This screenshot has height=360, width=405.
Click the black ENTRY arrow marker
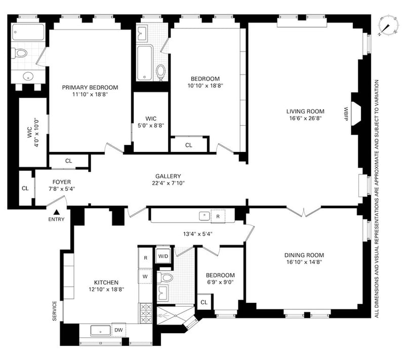(x=57, y=212)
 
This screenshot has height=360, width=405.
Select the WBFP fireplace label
(x=346, y=114)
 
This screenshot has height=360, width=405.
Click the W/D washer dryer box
(x=163, y=256)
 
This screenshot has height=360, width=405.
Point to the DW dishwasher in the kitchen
(x=118, y=330)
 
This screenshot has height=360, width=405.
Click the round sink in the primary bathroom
(x=28, y=76)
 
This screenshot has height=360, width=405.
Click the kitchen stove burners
(x=146, y=313)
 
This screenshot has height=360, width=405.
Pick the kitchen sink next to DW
(x=100, y=331)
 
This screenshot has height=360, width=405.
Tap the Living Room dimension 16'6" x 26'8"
(x=305, y=118)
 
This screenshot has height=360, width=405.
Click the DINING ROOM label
(x=304, y=255)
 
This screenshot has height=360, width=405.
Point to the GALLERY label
(x=168, y=176)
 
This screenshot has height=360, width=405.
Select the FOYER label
(x=61, y=182)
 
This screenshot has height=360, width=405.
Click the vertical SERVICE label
(x=55, y=311)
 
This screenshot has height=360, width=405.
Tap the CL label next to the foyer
(x=25, y=188)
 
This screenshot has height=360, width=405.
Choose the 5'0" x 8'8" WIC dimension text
(x=151, y=126)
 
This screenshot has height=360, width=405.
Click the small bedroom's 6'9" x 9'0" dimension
(x=220, y=282)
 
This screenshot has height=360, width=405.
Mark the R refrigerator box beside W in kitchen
(x=146, y=258)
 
